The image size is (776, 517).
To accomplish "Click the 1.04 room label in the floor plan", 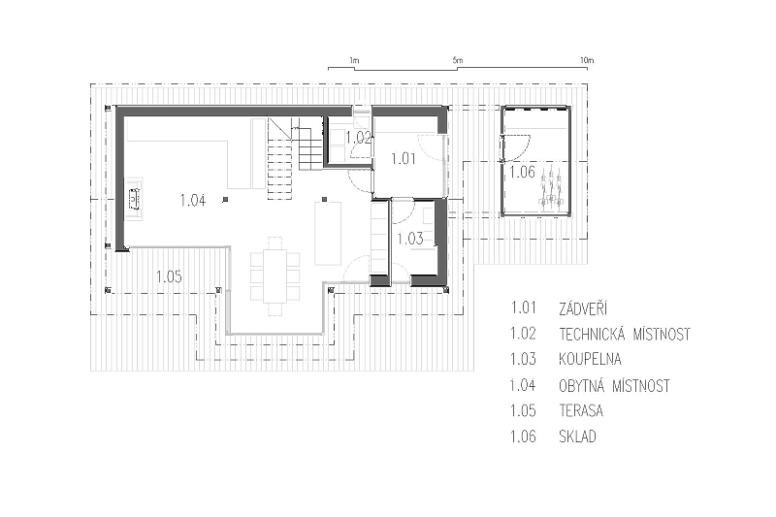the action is [x=193, y=201].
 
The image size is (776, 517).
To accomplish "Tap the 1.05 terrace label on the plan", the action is [x=169, y=276].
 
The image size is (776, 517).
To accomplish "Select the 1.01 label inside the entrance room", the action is [x=403, y=159].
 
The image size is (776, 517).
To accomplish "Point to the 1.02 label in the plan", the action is [x=358, y=137].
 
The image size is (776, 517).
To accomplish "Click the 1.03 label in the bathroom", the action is [x=410, y=239].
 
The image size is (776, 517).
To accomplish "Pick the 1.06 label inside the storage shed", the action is [x=523, y=172].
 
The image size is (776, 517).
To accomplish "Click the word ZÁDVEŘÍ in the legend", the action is [x=583, y=309].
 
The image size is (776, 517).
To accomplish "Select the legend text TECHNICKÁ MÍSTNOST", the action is [x=625, y=335].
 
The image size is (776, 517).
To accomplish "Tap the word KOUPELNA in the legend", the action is [x=590, y=359].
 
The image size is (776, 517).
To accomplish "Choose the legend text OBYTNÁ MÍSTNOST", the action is [x=615, y=385].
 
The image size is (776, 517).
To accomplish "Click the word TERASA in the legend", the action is [x=581, y=410].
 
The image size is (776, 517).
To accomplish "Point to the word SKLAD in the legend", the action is [x=577, y=436].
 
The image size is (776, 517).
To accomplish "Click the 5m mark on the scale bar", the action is [x=457, y=61].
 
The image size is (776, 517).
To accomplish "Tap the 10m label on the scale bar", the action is [x=587, y=60].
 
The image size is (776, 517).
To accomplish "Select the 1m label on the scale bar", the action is [x=354, y=61].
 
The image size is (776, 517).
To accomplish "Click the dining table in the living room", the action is [x=275, y=276].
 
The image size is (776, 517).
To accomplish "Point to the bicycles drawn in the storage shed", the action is [x=551, y=187].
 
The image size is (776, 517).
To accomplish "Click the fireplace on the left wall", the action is [x=134, y=199].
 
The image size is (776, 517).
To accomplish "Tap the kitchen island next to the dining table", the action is [x=328, y=233].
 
